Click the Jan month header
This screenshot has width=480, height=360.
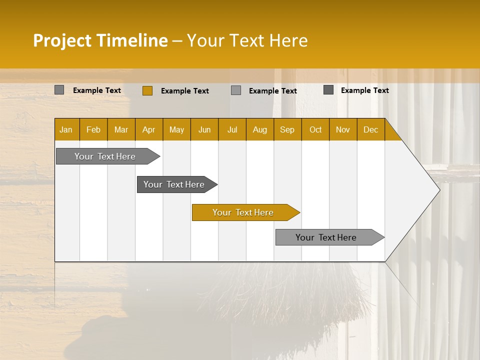[66, 129]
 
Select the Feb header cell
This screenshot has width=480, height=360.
[93, 129]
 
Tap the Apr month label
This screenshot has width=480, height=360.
[149, 129]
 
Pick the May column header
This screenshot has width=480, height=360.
[176, 129]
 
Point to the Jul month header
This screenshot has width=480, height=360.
[232, 129]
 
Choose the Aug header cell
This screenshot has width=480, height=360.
[260, 129]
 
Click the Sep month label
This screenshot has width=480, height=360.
[287, 129]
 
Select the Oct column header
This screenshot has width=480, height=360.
[315, 129]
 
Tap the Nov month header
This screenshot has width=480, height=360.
[343, 129]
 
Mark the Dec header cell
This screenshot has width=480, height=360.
[371, 129]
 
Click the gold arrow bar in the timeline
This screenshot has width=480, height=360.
[243, 212]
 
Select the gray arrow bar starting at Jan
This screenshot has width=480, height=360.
[105, 156]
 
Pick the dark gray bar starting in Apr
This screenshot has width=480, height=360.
[174, 184]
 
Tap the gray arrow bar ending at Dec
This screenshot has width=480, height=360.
[326, 237]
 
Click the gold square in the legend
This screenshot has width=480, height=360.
[147, 90]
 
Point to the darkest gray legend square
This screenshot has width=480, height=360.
[328, 90]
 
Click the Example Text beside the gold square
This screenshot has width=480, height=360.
[185, 91]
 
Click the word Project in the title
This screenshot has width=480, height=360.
[62, 40]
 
